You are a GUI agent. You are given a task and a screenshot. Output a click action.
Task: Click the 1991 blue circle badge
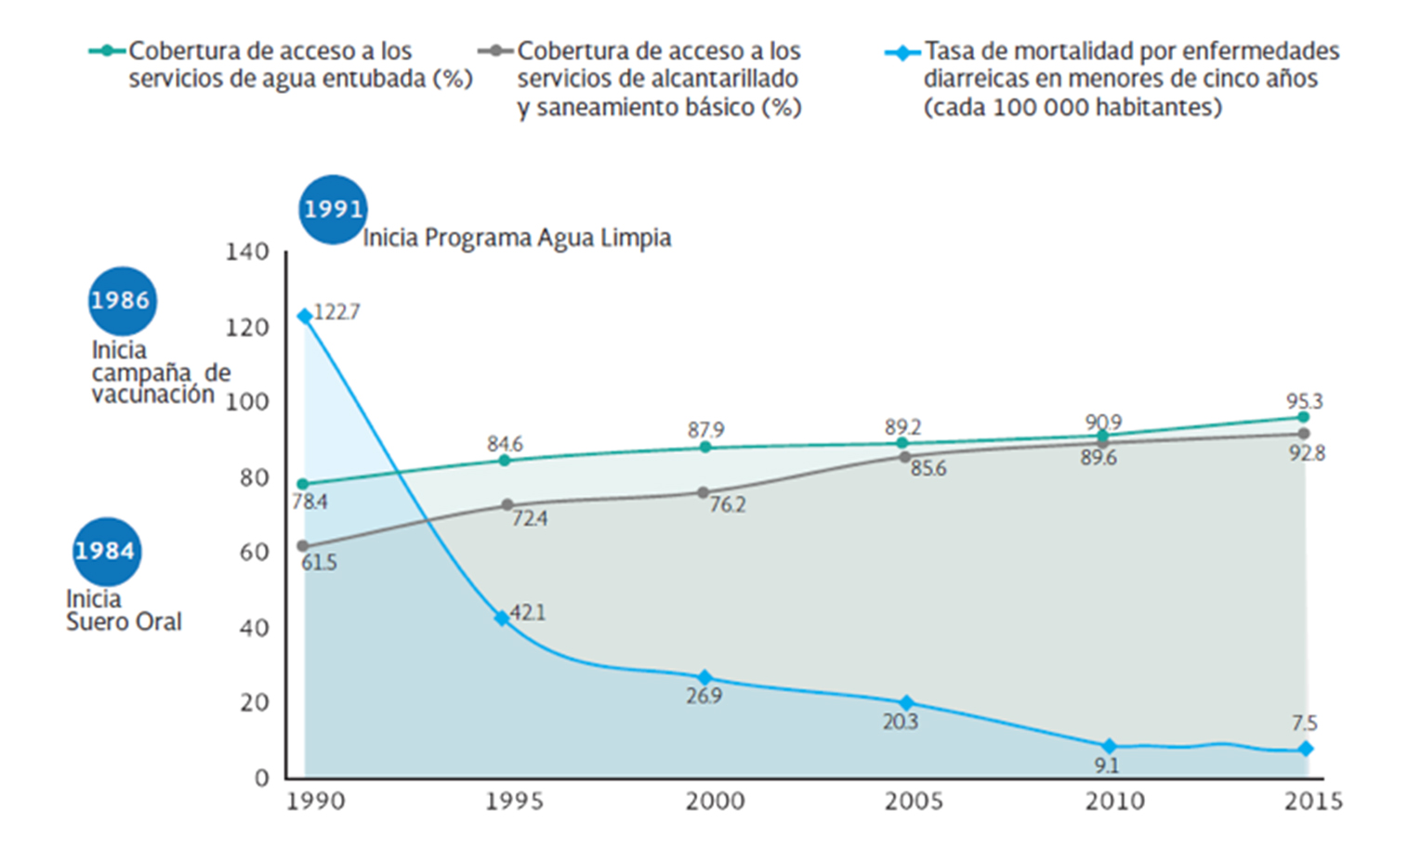(332, 209)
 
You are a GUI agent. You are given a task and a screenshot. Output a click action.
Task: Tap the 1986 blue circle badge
(121, 301)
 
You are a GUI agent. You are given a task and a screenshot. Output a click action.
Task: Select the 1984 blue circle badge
(106, 551)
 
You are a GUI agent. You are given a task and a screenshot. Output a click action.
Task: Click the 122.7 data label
(336, 312)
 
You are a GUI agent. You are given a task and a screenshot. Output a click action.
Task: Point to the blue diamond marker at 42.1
(503, 618)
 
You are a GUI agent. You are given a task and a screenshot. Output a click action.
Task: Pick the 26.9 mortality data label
(704, 696)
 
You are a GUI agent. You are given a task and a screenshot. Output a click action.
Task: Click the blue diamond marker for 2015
(1305, 749)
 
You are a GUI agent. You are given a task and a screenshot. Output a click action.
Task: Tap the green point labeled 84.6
(505, 460)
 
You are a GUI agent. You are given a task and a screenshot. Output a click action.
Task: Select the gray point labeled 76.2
(704, 492)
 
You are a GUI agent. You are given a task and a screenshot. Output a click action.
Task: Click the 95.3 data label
(1304, 401)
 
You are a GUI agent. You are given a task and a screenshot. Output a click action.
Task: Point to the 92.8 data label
(1307, 453)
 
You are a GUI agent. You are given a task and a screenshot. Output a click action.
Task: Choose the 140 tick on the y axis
(246, 252)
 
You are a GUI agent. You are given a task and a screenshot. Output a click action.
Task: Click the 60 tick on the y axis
(254, 553)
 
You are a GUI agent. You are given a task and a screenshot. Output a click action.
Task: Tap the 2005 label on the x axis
(914, 802)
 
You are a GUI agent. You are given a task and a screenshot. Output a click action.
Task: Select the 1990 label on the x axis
(315, 802)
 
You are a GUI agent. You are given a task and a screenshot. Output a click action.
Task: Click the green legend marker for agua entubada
(107, 50)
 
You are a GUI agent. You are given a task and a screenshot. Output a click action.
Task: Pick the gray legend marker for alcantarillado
(495, 50)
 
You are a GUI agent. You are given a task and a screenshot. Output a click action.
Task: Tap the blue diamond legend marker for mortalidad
(901, 53)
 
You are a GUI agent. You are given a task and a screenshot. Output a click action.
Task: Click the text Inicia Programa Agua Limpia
(517, 238)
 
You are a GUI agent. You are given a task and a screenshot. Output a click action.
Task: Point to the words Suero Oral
(124, 622)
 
